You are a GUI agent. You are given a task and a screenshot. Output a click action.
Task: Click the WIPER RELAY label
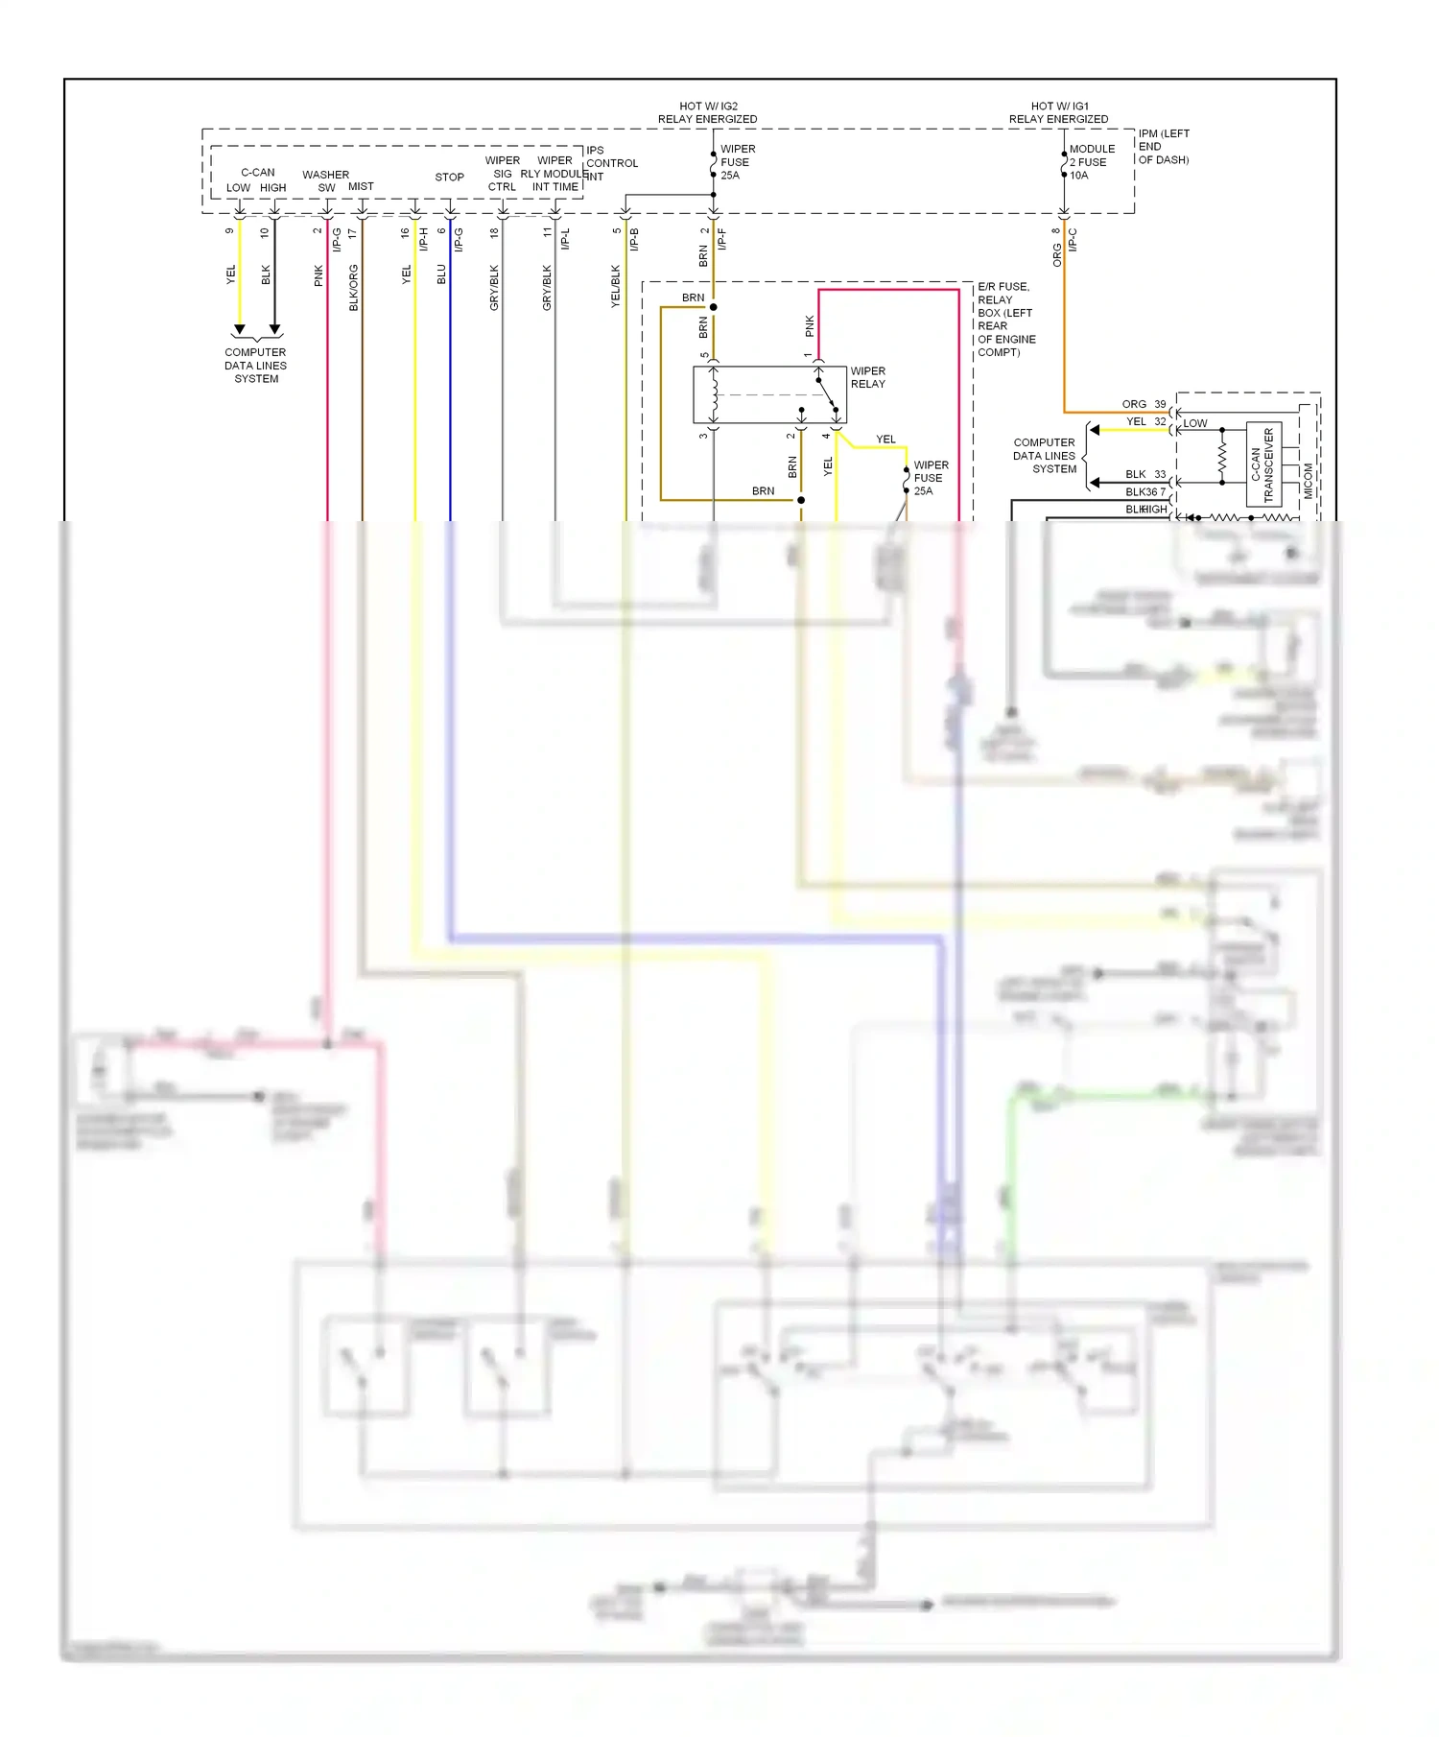tap(867, 377)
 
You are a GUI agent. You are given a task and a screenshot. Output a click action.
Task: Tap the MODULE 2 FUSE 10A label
tap(1091, 162)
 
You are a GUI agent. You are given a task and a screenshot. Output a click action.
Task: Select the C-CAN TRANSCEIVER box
tap(1263, 464)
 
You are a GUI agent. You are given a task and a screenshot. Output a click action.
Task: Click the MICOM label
tap(1308, 480)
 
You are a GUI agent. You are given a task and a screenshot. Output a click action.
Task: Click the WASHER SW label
tap(325, 180)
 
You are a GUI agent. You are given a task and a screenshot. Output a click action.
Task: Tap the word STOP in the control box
tap(449, 178)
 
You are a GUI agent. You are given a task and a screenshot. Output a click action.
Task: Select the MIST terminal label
tap(361, 187)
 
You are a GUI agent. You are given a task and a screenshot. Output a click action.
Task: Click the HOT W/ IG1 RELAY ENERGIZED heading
tap(1058, 112)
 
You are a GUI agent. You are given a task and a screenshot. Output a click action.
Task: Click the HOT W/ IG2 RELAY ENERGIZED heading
tap(707, 112)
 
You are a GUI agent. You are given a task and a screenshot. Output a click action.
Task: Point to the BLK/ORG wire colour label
tap(353, 287)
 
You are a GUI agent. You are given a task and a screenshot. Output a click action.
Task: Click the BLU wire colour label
tap(441, 274)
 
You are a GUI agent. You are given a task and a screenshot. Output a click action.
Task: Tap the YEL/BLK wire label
tap(616, 286)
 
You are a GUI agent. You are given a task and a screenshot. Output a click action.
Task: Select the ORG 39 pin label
tap(1144, 404)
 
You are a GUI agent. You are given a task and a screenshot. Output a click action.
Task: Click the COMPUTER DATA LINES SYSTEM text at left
tap(256, 366)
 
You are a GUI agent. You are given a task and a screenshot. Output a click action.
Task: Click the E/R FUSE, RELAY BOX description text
tap(1005, 320)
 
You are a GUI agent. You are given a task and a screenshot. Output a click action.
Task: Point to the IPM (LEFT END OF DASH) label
tap(1163, 147)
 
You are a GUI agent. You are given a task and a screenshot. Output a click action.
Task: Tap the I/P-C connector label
tap(1073, 240)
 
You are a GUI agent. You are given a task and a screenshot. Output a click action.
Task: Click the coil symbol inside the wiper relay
tap(714, 394)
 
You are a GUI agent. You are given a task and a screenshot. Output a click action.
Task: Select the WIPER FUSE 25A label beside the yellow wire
tap(930, 478)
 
